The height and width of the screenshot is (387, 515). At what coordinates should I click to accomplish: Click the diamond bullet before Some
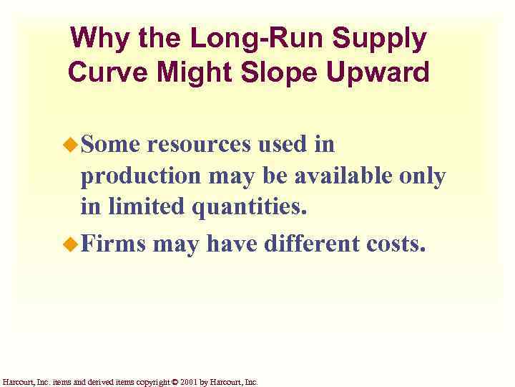click(71, 145)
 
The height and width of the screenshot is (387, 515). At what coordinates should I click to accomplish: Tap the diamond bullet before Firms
click(71, 244)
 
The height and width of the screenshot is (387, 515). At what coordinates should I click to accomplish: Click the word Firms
click(113, 244)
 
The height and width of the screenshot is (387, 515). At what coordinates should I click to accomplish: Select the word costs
click(402, 244)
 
